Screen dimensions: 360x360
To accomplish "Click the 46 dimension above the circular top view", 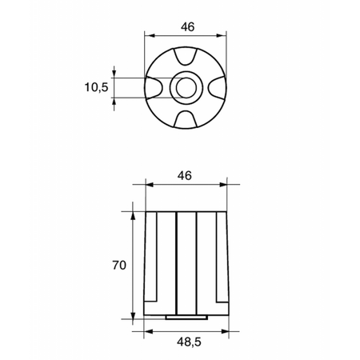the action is pyautogui.click(x=188, y=27).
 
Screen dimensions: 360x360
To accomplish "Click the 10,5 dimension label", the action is pyautogui.click(x=96, y=87).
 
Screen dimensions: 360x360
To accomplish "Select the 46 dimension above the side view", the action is pyautogui.click(x=185, y=176).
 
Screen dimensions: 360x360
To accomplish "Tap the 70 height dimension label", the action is pyautogui.click(x=119, y=266).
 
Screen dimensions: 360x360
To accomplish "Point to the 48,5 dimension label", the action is pyautogui.click(x=189, y=342).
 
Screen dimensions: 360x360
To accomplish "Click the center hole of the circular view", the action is pyautogui.click(x=186, y=88).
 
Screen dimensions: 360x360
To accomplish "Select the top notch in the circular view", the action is pyautogui.click(x=186, y=56).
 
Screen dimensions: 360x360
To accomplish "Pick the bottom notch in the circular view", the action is pyautogui.click(x=186, y=119).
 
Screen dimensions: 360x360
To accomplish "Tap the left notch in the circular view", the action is pyautogui.click(x=154, y=88).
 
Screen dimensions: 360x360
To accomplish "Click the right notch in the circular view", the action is pyautogui.click(x=218, y=88).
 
